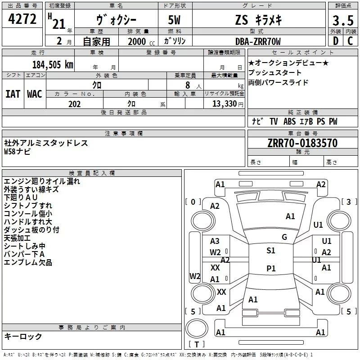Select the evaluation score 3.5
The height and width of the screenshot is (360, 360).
coord(342,21)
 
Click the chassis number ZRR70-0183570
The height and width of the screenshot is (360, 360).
coord(302,144)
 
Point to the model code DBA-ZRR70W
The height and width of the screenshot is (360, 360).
coord(258,42)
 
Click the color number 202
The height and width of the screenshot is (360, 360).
coord(74,104)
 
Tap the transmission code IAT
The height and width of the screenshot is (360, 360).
coord(13,94)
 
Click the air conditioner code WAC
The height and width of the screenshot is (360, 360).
coord(34,94)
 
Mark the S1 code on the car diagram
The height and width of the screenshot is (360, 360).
coord(271,251)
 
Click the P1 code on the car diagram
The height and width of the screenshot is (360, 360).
coord(271,268)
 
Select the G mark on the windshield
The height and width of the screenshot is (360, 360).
coord(284,237)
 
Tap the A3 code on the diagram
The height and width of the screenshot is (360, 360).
coord(215,241)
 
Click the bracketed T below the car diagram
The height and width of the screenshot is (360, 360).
coord(196,344)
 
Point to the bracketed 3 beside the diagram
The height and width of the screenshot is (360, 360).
coord(349,202)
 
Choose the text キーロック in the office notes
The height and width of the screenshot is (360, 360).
coord(23,336)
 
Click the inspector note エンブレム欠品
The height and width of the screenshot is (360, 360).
coord(28,262)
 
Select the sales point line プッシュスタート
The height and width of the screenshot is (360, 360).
coord(275,72)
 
